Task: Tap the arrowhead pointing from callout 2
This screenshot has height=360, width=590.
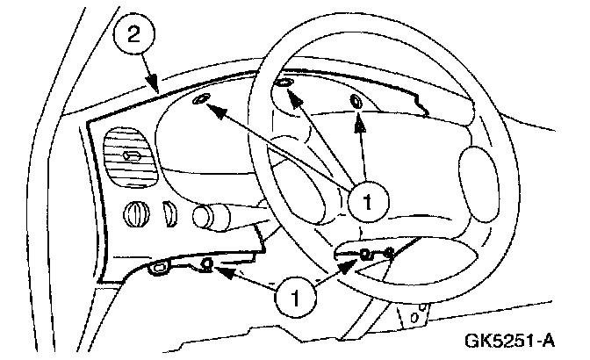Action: click(155, 89)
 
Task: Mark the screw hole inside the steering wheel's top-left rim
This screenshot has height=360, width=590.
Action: click(284, 83)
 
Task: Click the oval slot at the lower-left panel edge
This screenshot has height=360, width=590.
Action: click(159, 267)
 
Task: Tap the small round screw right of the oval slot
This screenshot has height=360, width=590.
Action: click(207, 263)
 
